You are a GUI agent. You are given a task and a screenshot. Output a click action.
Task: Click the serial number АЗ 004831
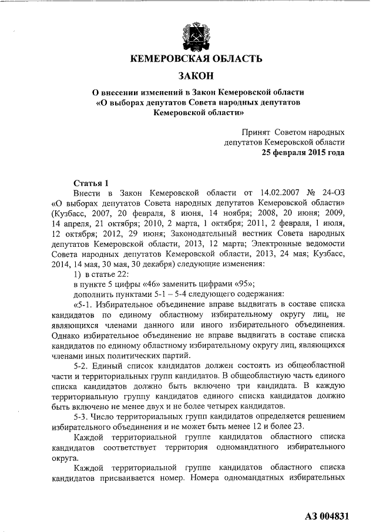pos(328,517)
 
